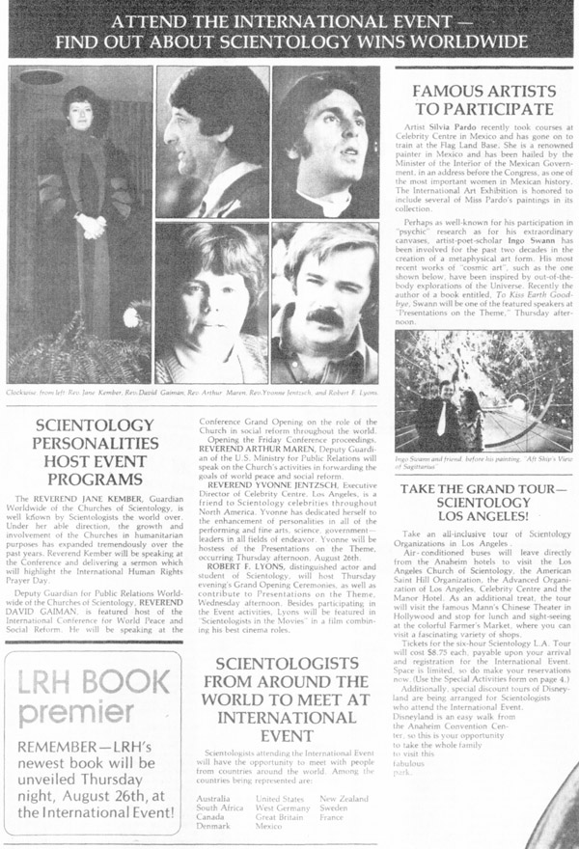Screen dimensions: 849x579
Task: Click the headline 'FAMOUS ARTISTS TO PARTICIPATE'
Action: (x=482, y=100)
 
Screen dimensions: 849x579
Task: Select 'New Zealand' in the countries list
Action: (x=343, y=800)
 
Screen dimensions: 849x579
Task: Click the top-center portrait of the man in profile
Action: (x=212, y=141)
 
